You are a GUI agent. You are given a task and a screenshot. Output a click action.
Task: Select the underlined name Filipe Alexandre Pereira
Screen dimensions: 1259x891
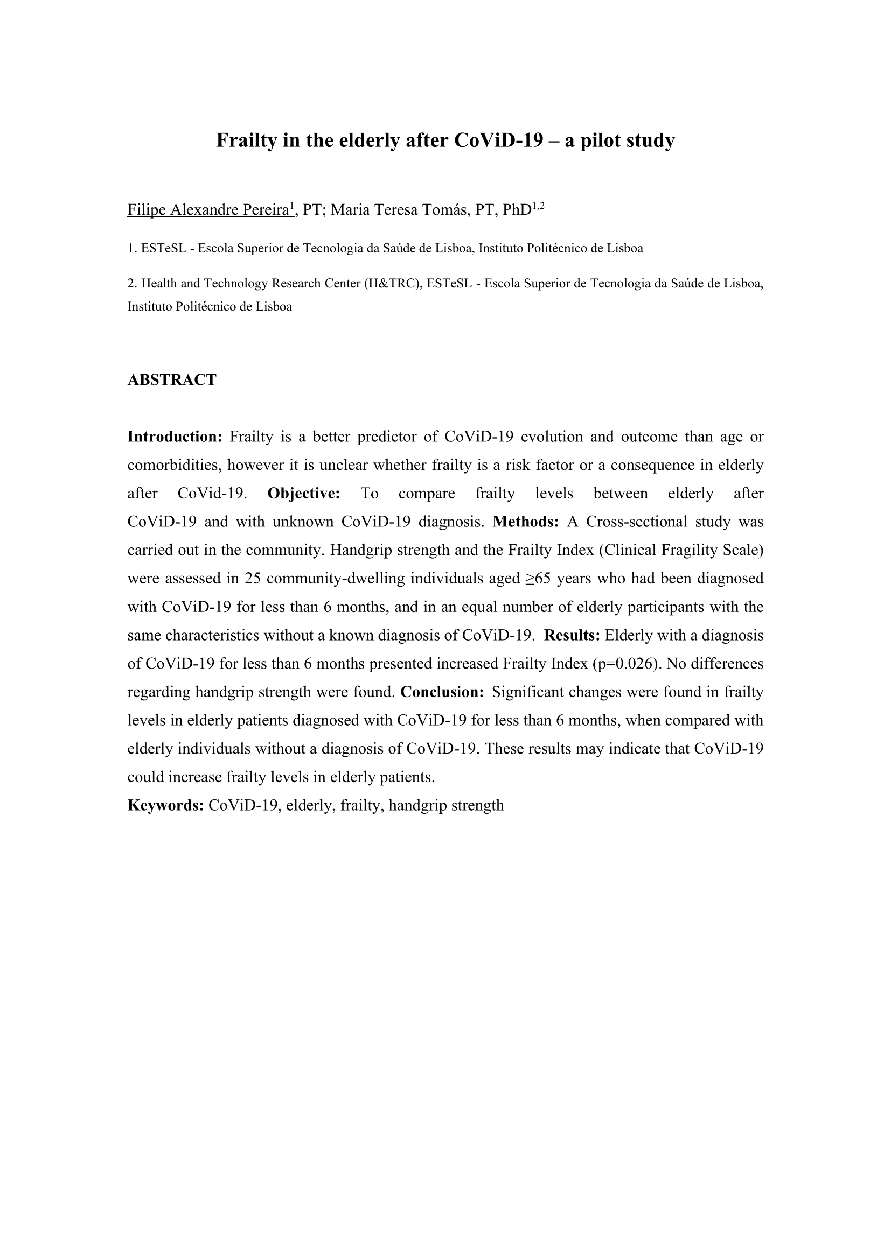click(x=208, y=210)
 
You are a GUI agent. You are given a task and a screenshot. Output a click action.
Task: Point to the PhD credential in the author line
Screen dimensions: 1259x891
click(x=516, y=210)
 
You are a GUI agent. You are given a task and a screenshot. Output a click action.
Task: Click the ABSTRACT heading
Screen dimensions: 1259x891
click(x=172, y=379)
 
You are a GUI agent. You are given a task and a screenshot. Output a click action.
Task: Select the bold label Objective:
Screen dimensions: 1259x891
click(x=304, y=494)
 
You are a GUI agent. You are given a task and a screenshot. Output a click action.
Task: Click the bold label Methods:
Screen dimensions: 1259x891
click(x=526, y=522)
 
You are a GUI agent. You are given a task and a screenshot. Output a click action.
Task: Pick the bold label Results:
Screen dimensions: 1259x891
click(x=572, y=635)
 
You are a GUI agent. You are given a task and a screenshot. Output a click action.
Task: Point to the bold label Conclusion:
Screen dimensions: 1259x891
click(x=442, y=692)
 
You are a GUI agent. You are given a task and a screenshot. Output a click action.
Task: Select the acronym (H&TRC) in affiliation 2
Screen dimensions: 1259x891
click(x=393, y=284)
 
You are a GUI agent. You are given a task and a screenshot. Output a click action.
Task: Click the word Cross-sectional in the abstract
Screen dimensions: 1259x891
click(x=636, y=522)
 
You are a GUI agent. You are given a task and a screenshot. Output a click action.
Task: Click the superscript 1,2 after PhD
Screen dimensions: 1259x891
click(x=538, y=206)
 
